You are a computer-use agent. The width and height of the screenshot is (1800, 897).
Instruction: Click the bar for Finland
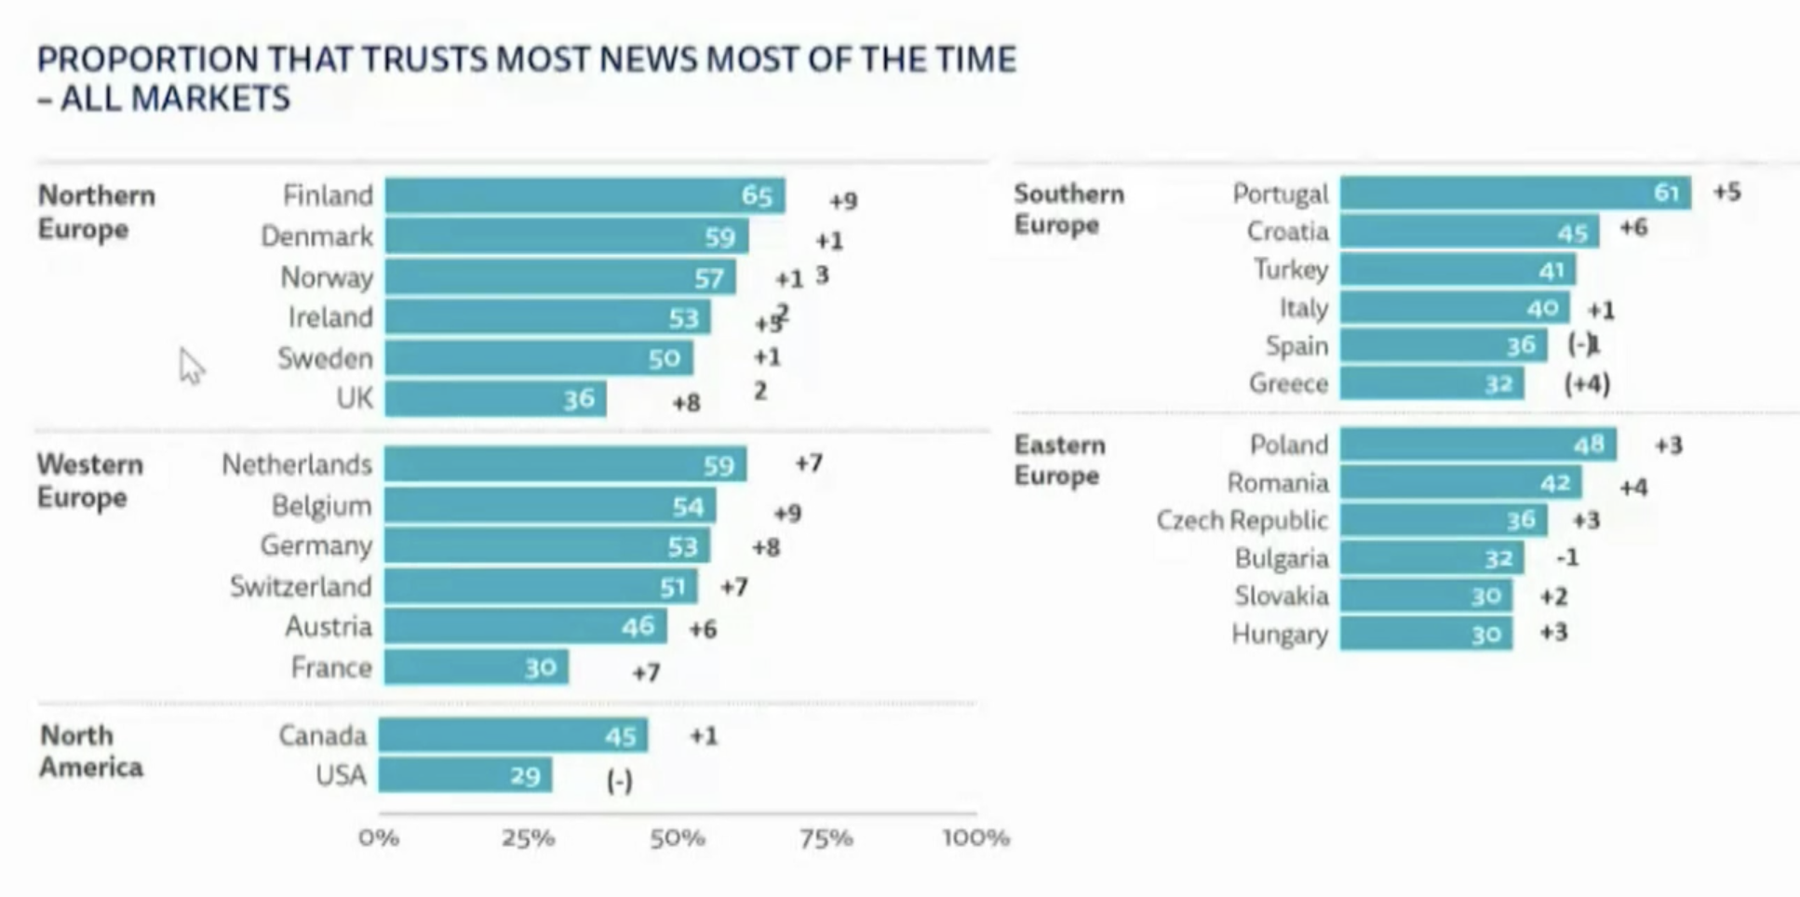pyautogui.click(x=584, y=196)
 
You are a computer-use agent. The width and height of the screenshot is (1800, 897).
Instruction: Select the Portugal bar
pyautogui.click(x=1514, y=193)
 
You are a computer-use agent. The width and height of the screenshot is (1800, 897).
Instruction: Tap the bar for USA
pyautogui.click(x=464, y=775)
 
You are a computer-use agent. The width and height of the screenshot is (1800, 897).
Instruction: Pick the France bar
pyautogui.click(x=476, y=667)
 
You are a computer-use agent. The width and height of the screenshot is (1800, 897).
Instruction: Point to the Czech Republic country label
pyautogui.click(x=1242, y=520)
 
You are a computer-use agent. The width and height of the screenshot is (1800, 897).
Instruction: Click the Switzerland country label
pyautogui.click(x=301, y=587)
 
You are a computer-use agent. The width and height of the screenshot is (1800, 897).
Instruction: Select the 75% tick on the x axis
pyautogui.click(x=826, y=838)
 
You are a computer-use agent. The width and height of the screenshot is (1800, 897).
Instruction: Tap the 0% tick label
pyautogui.click(x=379, y=838)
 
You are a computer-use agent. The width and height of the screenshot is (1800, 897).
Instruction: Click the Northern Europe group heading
pyautogui.click(x=96, y=212)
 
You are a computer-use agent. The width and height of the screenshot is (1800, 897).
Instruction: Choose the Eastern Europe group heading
pyautogui.click(x=1059, y=460)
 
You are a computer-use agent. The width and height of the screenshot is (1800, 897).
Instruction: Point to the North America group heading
pyautogui.click(x=90, y=751)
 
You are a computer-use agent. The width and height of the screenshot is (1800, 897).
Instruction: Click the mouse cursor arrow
pyautogui.click(x=191, y=366)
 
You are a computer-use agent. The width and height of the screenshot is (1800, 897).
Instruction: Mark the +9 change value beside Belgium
pyautogui.click(x=787, y=513)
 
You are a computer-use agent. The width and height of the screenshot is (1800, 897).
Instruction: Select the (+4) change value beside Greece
pyautogui.click(x=1587, y=383)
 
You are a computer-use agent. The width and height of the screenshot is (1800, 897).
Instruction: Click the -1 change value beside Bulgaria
pyautogui.click(x=1567, y=557)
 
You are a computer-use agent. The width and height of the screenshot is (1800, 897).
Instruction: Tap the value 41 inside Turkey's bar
pyautogui.click(x=1551, y=271)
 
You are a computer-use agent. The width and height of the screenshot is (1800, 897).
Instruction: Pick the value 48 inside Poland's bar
pyautogui.click(x=1589, y=445)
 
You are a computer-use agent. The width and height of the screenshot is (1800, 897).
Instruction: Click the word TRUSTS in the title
pyautogui.click(x=424, y=60)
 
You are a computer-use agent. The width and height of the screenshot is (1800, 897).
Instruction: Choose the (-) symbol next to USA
pyautogui.click(x=619, y=780)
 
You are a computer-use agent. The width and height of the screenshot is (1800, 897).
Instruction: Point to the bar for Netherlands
pyautogui.click(x=565, y=464)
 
